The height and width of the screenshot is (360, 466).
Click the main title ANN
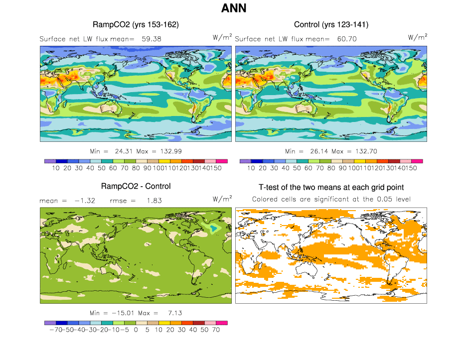[x=233, y=8]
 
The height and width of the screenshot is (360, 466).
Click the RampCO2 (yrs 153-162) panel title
[x=136, y=24]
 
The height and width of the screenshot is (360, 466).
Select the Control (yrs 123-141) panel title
[x=331, y=24]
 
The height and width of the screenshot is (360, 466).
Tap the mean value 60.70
[x=346, y=38]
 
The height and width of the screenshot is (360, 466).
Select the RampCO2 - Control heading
[x=136, y=186]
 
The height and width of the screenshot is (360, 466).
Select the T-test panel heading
[x=331, y=187]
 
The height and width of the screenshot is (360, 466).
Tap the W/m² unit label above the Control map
[x=418, y=37]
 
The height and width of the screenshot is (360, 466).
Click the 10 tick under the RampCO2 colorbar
[x=56, y=168]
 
